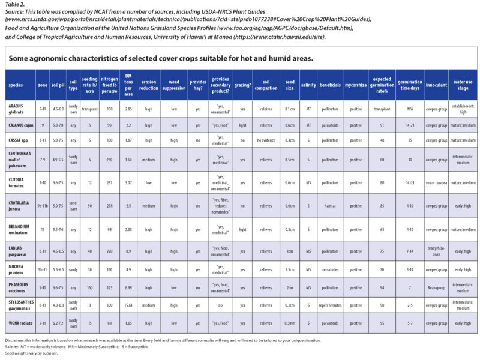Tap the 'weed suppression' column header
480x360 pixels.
[x=174, y=85]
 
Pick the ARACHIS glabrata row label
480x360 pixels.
[x=19, y=109]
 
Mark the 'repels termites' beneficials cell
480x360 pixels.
[x=331, y=304]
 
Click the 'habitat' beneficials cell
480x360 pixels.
[x=331, y=205]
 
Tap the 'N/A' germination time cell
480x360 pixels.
[x=409, y=109]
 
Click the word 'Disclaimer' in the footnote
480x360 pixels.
[x=16, y=340]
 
